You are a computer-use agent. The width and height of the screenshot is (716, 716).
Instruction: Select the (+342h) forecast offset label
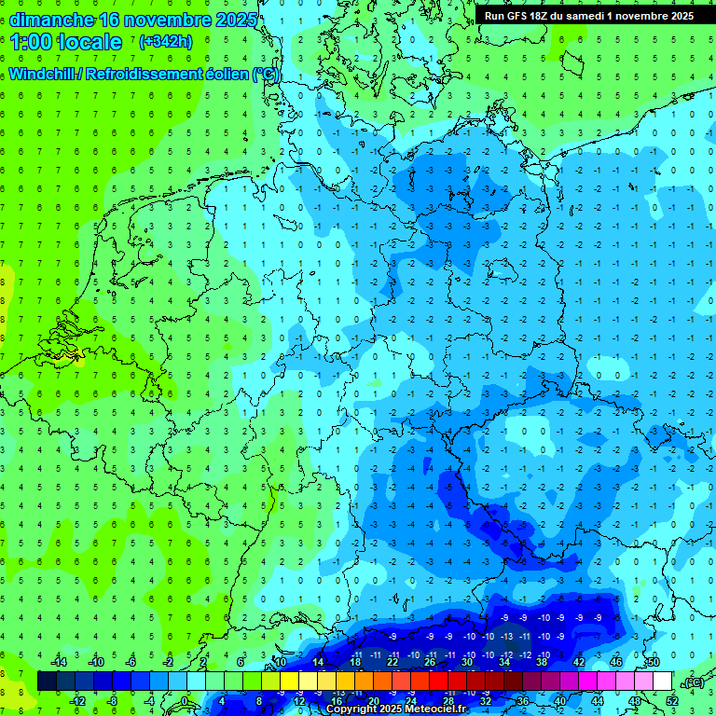tap(166, 41)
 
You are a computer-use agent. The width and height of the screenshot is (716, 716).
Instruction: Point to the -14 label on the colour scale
tap(59, 661)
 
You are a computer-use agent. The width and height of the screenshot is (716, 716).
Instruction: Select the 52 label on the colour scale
tap(671, 701)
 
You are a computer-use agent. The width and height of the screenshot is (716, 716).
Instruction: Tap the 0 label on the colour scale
tap(185, 701)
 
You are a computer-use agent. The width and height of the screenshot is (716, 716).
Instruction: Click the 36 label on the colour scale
tap(522, 701)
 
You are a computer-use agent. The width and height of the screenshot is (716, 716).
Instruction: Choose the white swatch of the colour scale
tap(662, 682)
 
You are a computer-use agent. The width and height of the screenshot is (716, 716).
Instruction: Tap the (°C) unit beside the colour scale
tap(693, 682)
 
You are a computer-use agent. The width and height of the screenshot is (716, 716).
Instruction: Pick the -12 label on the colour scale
tap(78, 701)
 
